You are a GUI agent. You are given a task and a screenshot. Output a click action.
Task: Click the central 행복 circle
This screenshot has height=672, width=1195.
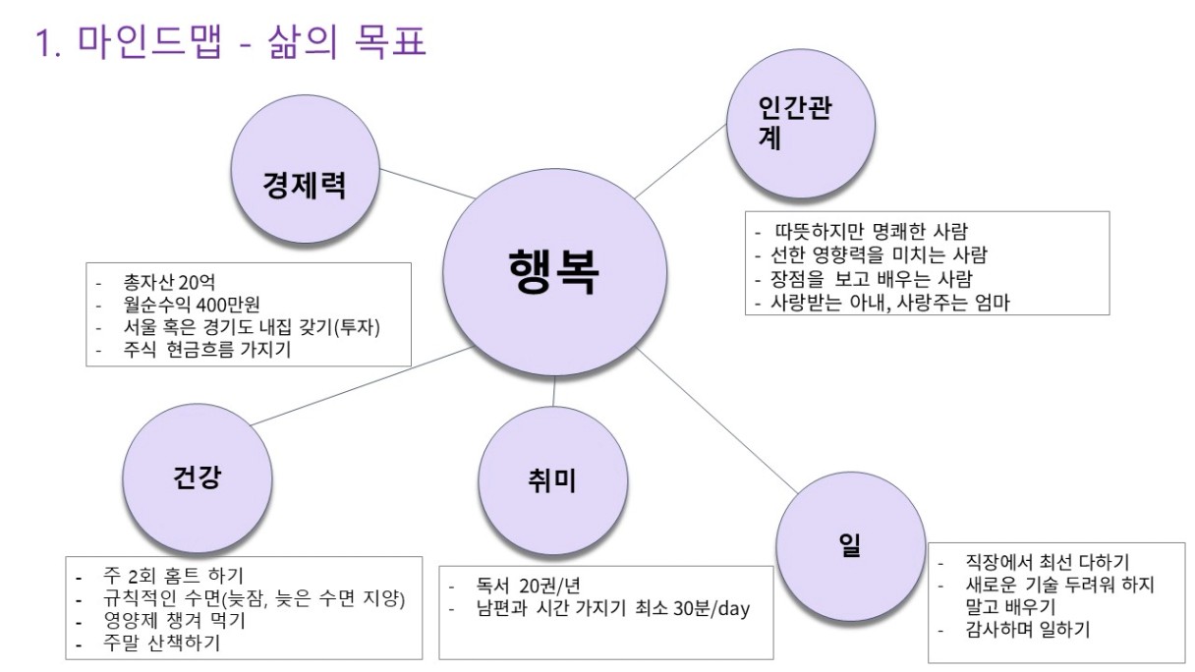point(555,272)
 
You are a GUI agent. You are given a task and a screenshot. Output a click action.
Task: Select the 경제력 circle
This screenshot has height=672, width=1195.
point(306,170)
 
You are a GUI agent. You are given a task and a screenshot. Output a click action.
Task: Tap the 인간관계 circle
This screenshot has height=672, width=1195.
point(801,124)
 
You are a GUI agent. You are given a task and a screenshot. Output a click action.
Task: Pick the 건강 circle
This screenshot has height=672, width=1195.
point(198,478)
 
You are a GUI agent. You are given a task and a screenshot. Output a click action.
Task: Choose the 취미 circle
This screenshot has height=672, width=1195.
point(552,481)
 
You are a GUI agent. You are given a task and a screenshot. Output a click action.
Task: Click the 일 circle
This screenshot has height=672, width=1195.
point(850,546)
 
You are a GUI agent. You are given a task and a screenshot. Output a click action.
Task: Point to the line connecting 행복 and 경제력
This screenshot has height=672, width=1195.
point(427,184)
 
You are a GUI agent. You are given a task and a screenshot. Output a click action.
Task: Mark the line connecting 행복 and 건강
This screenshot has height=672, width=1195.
point(363,385)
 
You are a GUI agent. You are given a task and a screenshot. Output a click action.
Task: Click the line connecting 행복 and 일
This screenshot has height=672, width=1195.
point(717,420)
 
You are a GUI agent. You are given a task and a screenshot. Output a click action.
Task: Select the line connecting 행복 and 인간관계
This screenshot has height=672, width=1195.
point(680,161)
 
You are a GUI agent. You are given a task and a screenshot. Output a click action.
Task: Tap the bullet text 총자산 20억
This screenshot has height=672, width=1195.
point(169,282)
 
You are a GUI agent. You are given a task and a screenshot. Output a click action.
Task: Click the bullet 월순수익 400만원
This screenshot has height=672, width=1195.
point(192,305)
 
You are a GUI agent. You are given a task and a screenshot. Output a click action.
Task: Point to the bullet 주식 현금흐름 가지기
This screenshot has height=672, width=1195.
point(207,350)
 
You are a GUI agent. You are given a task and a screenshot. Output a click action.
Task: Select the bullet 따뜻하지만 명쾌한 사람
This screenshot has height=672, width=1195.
point(871,232)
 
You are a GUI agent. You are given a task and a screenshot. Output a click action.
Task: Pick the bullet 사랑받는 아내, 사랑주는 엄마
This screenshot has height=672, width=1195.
point(889,303)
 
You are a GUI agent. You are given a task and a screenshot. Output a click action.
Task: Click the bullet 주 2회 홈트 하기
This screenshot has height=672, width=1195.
point(173,576)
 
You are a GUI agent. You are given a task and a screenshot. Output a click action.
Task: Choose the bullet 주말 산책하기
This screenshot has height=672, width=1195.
point(161,644)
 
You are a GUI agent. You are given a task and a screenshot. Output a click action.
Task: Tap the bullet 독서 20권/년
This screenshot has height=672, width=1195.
point(528,587)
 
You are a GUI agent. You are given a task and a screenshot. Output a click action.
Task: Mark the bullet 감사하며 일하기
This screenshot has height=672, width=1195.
point(1028,630)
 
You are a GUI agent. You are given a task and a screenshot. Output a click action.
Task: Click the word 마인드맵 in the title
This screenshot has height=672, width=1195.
point(150,40)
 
